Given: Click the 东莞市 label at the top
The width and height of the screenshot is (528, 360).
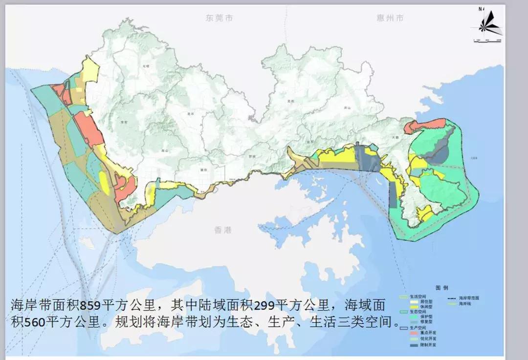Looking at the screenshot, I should coord(219,18).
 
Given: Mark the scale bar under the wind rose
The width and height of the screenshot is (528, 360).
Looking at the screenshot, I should coord(487,40).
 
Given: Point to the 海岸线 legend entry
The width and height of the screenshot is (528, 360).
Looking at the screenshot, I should coord(459,303).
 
